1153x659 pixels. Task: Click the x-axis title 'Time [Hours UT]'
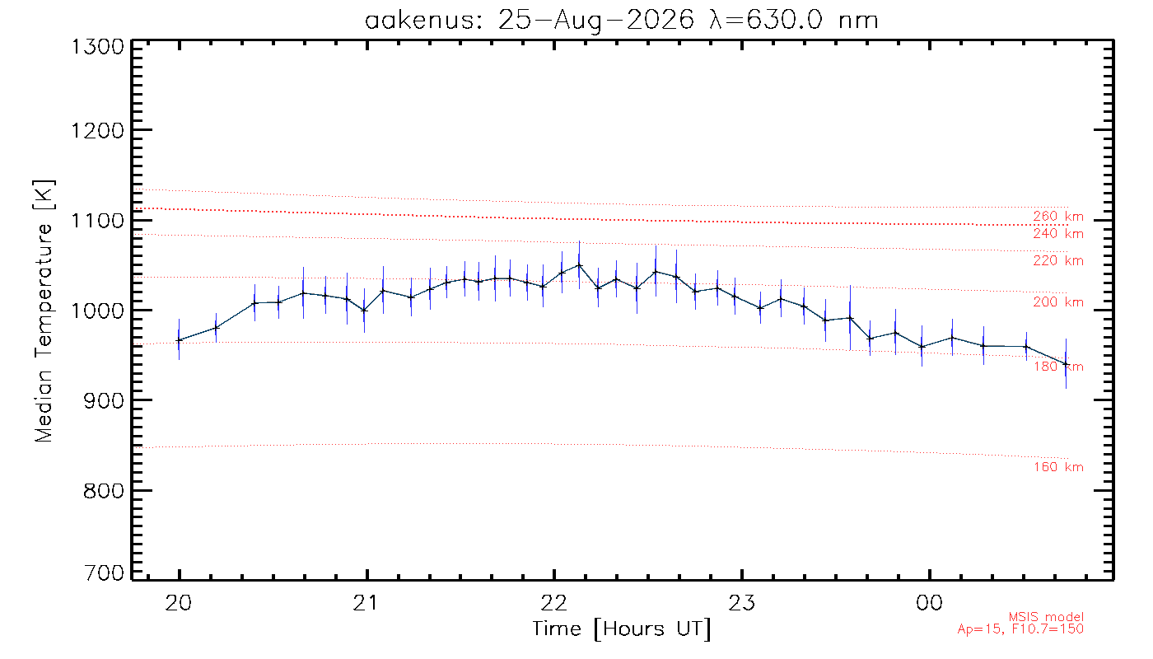pos(621,629)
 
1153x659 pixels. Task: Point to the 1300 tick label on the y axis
pos(98,47)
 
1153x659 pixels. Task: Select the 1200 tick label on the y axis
pos(98,131)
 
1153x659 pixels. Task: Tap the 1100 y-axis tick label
pos(98,221)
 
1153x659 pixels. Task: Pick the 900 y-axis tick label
pos(104,400)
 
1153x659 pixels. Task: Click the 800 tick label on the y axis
pos(104,491)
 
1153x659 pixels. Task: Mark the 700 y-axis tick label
pos(104,573)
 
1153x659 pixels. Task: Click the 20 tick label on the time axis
pos(179,603)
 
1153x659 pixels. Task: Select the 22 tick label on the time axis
pos(553,603)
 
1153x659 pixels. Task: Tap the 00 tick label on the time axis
pos(929,603)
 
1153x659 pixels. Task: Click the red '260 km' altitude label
pos(1058,216)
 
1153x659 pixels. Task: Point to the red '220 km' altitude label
pos(1058,260)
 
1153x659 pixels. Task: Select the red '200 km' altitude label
pos(1058,301)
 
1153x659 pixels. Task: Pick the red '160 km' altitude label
pos(1058,467)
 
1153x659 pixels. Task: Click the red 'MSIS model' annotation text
pos(1046,617)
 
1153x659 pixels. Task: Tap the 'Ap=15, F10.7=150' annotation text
pos(1020,629)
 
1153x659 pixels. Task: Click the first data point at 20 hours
pos(180,340)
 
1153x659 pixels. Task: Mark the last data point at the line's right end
pos(1066,364)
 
